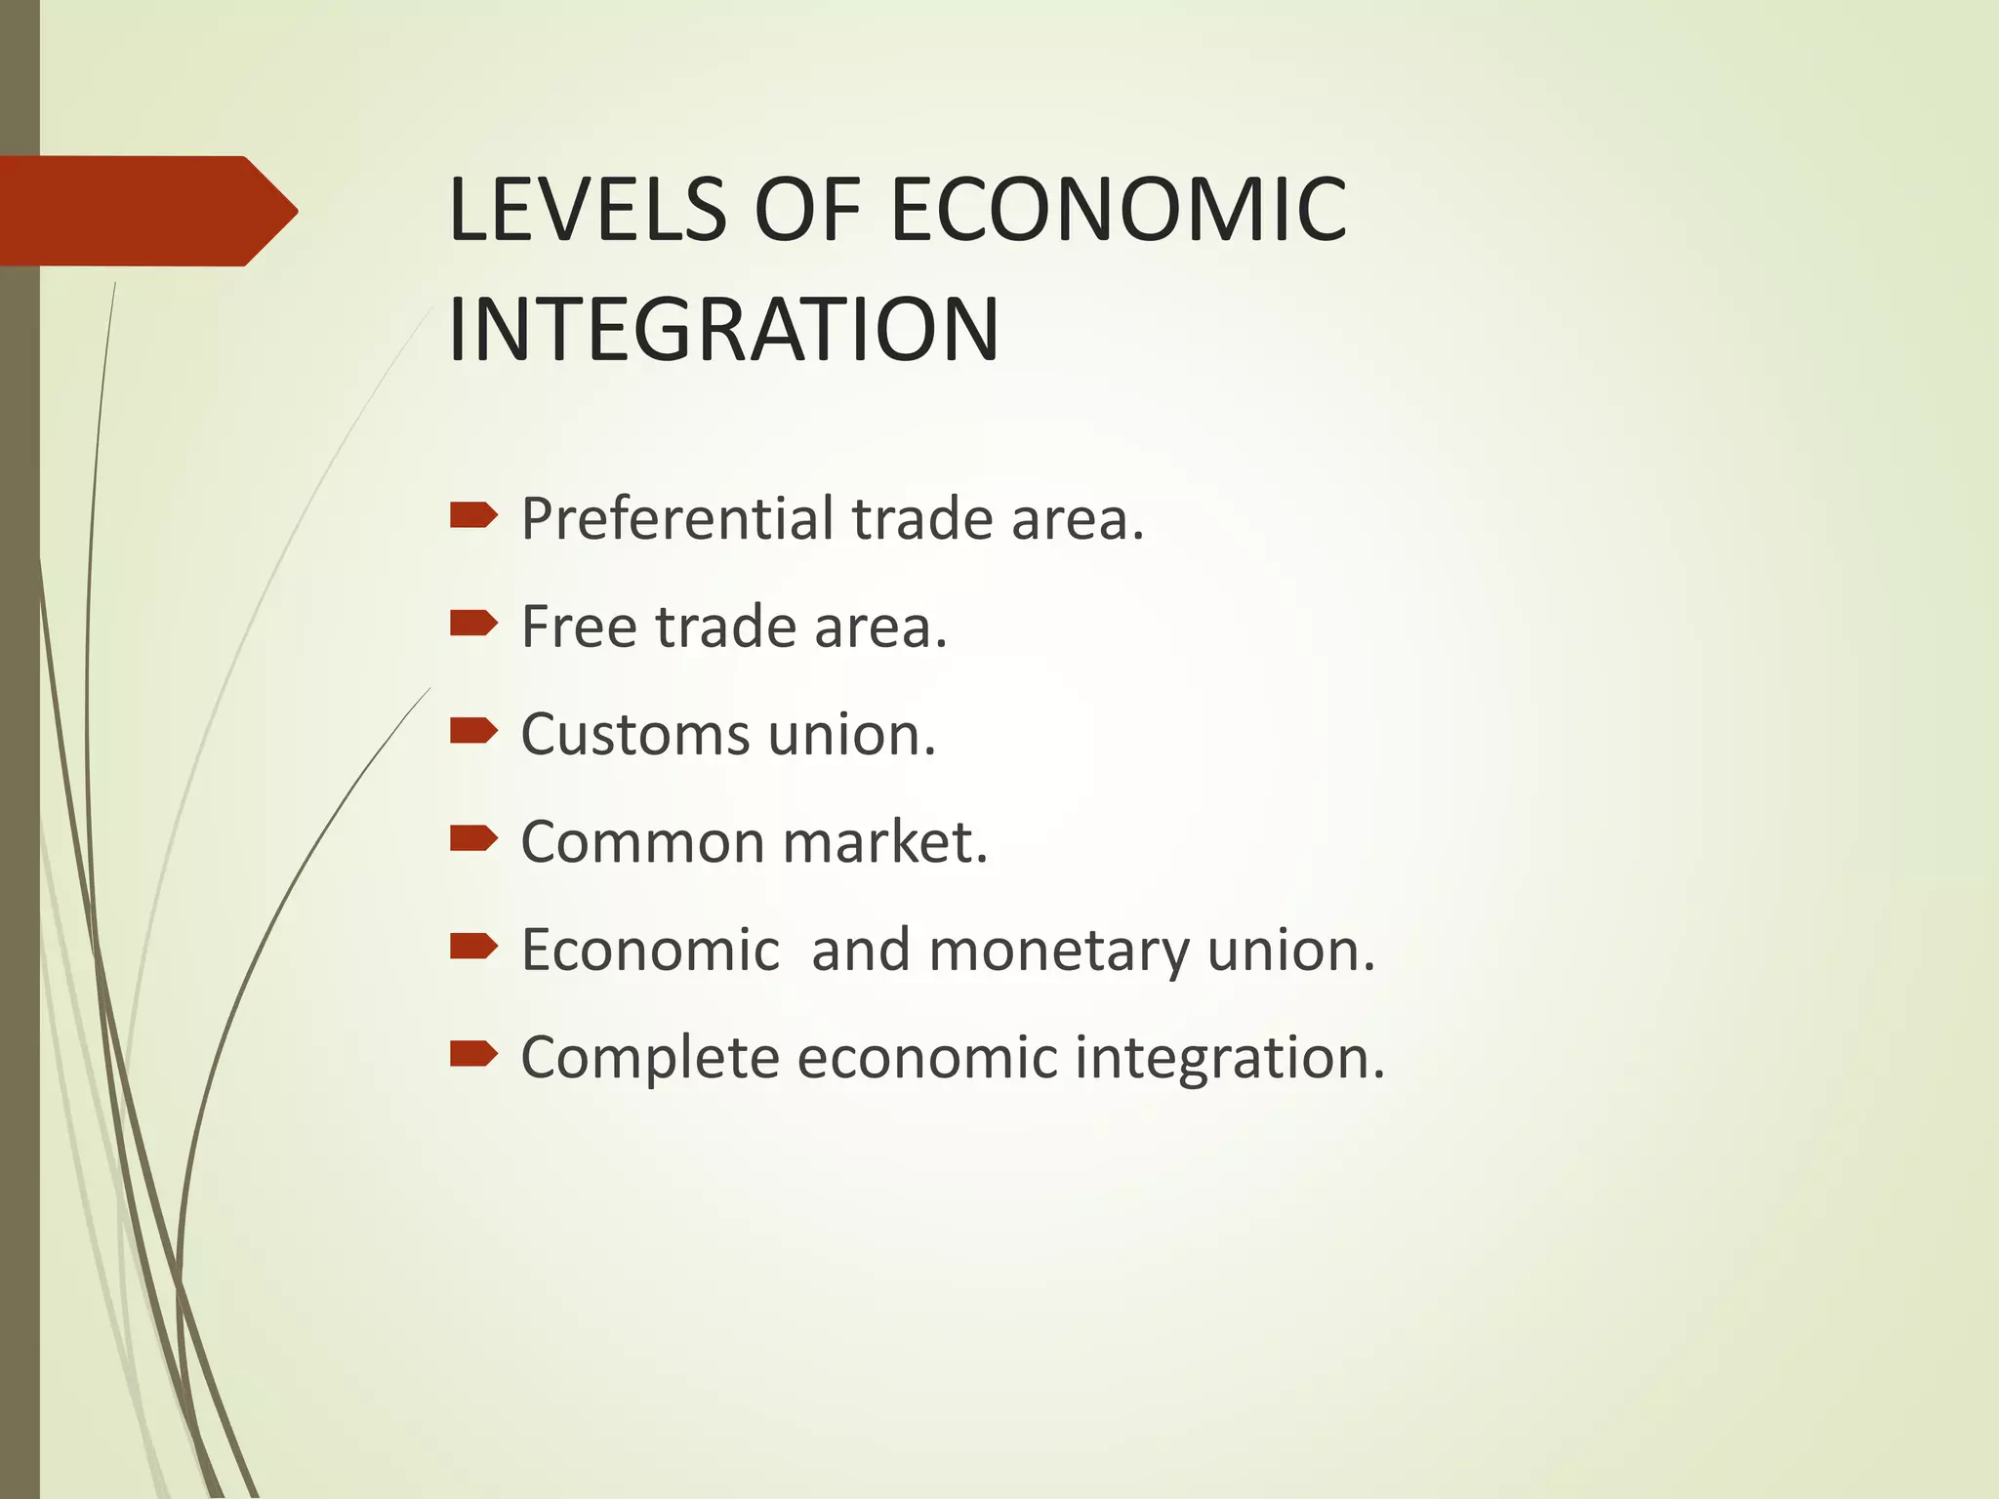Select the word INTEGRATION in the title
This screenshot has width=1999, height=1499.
(x=723, y=329)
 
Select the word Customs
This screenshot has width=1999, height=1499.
(x=636, y=734)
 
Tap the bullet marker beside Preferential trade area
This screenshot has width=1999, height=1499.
(x=473, y=514)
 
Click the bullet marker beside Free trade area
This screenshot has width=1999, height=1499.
(x=473, y=623)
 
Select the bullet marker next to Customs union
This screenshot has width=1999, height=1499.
(x=473, y=730)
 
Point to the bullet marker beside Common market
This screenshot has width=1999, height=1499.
(x=473, y=838)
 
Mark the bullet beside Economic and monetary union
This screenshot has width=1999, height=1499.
(x=473, y=946)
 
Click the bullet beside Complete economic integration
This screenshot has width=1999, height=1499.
(x=473, y=1054)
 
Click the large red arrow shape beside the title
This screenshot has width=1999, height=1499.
(x=146, y=211)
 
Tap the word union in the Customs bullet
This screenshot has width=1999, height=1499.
(x=851, y=734)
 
